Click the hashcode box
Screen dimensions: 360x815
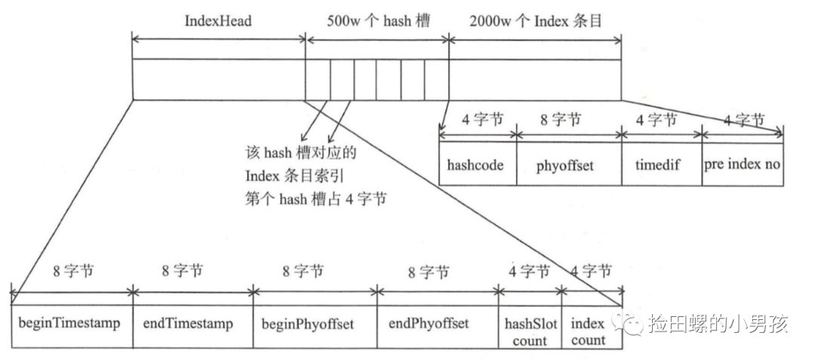(477, 164)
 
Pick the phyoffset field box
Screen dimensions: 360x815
(569, 164)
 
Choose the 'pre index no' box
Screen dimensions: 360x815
(743, 164)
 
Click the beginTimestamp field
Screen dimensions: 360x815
(72, 325)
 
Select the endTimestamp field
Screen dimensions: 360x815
(193, 325)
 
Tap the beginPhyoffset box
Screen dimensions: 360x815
(315, 325)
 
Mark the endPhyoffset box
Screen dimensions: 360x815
(438, 325)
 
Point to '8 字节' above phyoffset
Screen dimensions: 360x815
(569, 120)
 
